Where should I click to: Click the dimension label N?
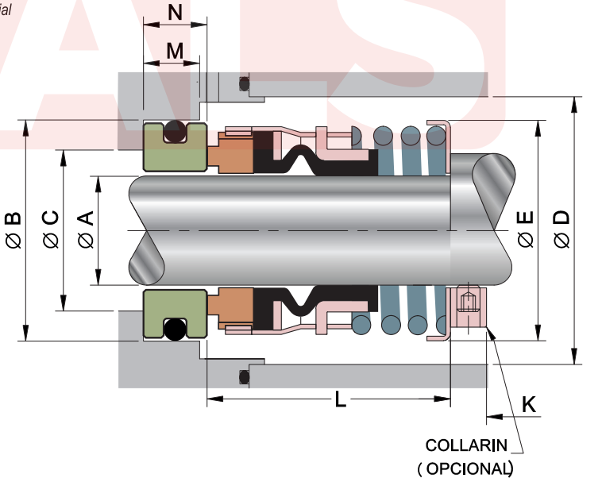tap(176, 13)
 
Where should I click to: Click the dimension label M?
tap(175, 51)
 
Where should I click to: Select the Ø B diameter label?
tap(14, 230)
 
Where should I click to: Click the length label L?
tap(340, 399)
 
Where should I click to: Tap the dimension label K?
tap(528, 404)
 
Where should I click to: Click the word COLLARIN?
tap(469, 445)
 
